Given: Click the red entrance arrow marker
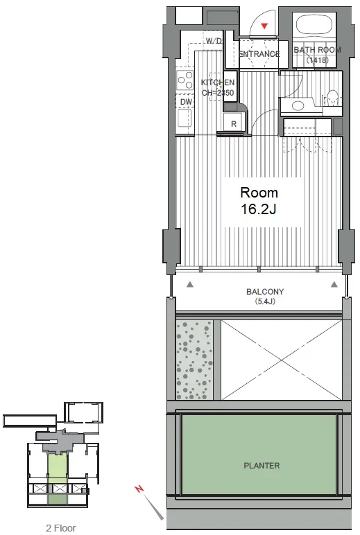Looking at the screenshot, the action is (x=264, y=26).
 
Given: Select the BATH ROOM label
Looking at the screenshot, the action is (x=317, y=50).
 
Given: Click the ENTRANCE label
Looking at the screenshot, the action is (x=259, y=54).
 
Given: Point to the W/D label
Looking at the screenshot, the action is (x=214, y=41).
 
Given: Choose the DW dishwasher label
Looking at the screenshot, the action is (x=186, y=102).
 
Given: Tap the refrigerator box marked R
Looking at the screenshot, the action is (x=234, y=123).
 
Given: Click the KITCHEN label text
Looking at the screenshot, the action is (x=218, y=82).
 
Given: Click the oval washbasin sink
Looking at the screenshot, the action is (x=298, y=106).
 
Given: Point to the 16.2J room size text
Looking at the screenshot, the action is (x=259, y=209).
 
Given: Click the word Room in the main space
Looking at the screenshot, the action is (x=259, y=193).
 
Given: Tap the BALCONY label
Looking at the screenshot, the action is (x=265, y=292).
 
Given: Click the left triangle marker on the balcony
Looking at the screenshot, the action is (x=190, y=284).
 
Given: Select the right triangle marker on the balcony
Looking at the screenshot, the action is (x=334, y=284).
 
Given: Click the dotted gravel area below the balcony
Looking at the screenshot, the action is (x=194, y=360).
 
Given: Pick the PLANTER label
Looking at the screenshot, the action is (x=262, y=466).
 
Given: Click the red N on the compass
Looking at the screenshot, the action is (x=139, y=489).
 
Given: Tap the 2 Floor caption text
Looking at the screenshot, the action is (x=61, y=528).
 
